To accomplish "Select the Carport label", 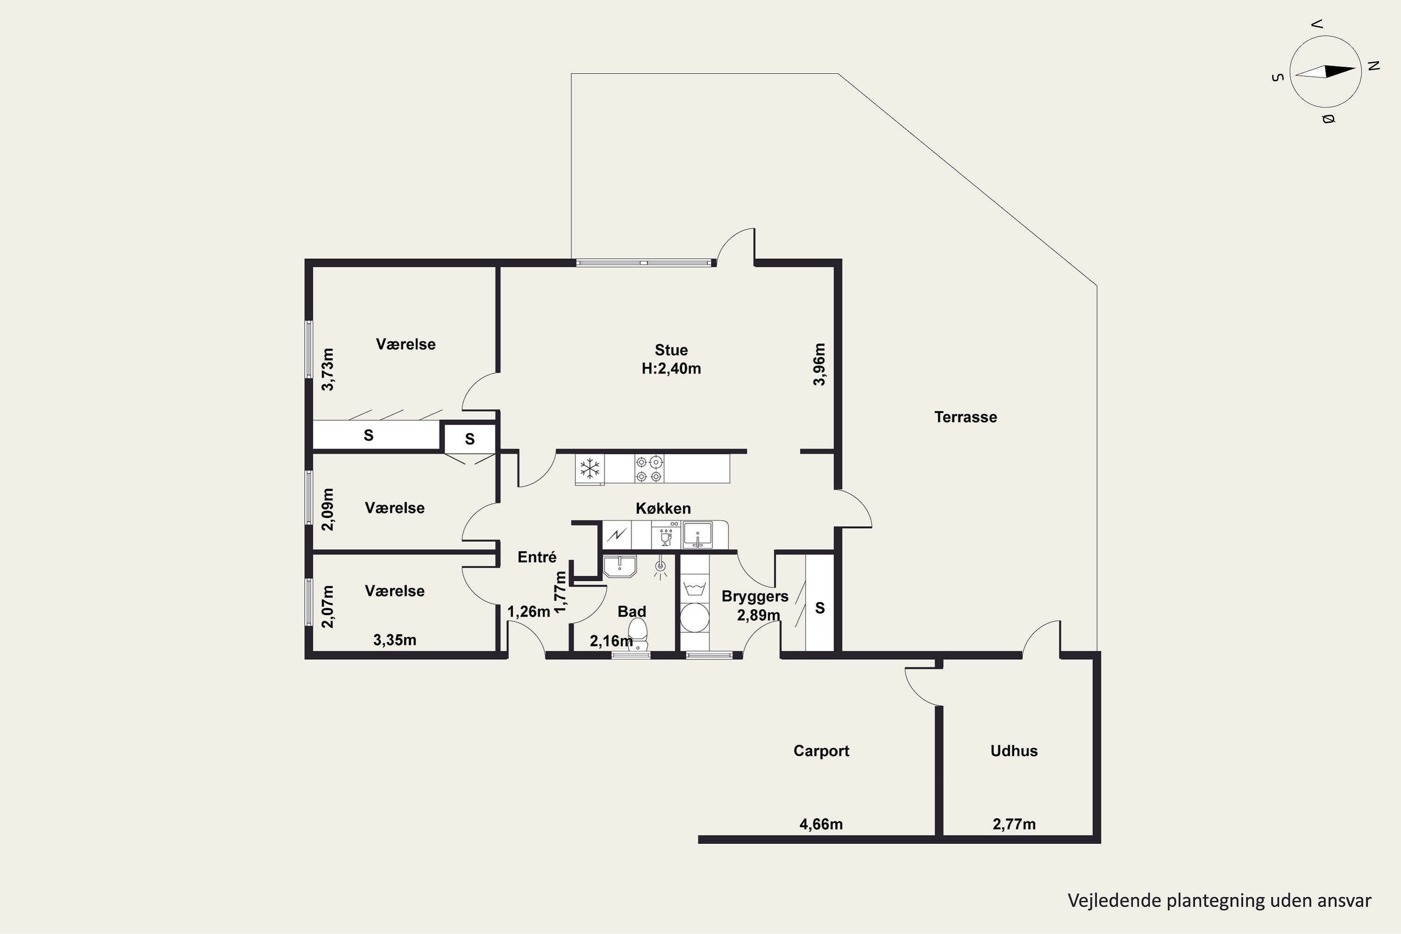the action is click(x=821, y=751).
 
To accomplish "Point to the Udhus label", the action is click(x=1014, y=750).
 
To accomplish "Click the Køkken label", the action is click(x=663, y=508).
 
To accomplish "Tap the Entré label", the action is click(x=537, y=557).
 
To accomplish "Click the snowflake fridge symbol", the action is click(x=590, y=468).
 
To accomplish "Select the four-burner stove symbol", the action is click(x=649, y=468).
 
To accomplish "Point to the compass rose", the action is click(x=1325, y=71).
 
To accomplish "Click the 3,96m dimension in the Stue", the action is click(x=819, y=364).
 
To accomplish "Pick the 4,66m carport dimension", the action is click(x=821, y=824).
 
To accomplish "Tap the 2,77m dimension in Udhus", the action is click(x=1014, y=824).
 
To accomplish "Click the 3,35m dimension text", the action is click(x=394, y=640).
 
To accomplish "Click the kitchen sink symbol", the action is click(x=698, y=534).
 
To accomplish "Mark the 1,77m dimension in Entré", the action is click(x=559, y=592).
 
